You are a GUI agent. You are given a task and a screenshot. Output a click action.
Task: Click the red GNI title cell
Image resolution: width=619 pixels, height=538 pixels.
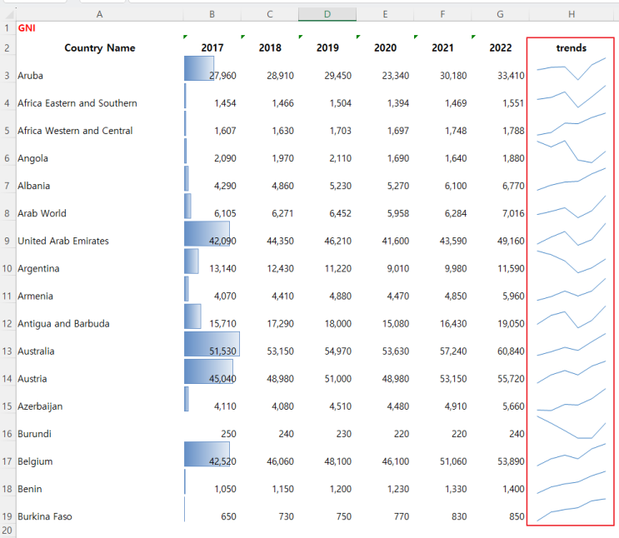tap(27, 28)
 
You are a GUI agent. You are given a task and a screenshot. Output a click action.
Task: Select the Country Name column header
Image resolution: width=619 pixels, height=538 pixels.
tap(100, 48)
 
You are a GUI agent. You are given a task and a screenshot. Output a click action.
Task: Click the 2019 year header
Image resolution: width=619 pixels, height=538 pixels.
tap(327, 47)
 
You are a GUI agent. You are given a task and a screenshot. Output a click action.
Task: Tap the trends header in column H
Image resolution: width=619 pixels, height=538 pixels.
tap(571, 47)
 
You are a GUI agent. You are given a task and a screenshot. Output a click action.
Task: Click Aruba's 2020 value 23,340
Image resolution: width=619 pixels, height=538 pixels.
tap(395, 76)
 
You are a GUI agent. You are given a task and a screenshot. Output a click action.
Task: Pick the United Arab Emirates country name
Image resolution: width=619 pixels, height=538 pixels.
tap(63, 241)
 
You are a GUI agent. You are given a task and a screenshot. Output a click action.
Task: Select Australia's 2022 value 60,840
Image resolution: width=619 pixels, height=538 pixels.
tap(511, 351)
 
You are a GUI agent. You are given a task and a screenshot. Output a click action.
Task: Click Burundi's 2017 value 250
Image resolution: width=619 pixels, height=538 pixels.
tap(228, 434)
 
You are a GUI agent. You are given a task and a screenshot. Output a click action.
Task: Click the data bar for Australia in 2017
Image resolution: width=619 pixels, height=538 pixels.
tap(212, 344)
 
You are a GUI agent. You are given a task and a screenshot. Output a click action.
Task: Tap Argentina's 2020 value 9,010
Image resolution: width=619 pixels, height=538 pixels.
tap(398, 268)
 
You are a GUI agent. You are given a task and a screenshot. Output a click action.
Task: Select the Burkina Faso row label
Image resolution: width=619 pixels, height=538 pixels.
tap(45, 516)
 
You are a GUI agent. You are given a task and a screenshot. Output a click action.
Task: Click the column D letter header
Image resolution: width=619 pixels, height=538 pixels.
tap(327, 14)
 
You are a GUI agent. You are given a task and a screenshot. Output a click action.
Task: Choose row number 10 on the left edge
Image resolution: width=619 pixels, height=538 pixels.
tap(7, 268)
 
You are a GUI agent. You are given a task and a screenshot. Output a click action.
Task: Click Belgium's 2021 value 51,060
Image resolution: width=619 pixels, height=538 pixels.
tap(453, 461)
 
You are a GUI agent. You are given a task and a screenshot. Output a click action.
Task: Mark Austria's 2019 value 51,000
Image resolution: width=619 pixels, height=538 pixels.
tap(338, 379)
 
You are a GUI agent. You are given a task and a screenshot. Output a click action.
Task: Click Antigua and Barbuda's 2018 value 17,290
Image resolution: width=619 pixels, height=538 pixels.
tap(280, 324)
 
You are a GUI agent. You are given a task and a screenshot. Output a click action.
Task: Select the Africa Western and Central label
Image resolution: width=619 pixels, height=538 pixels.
tap(75, 131)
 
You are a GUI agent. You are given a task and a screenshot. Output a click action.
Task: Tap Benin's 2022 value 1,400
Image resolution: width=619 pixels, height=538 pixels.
tap(513, 489)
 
